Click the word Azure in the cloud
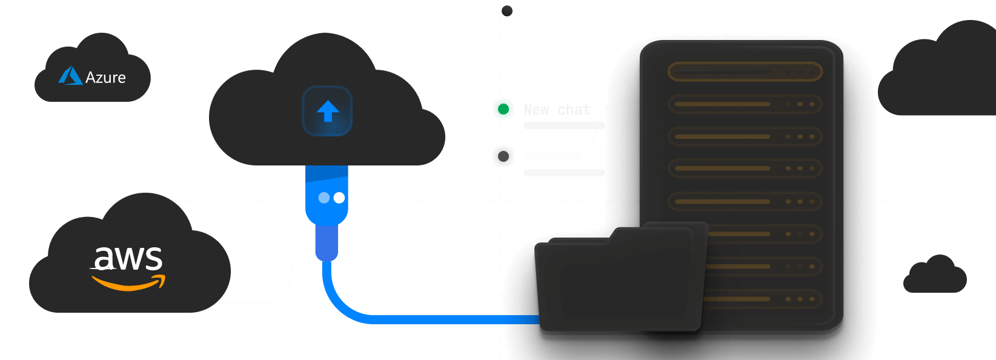click(105, 78)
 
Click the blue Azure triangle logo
click(70, 76)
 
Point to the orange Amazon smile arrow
click(128, 282)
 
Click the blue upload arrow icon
click(328, 112)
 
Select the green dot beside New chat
click(503, 109)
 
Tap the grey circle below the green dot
click(503, 156)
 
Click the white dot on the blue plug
click(339, 198)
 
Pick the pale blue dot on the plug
click(324, 198)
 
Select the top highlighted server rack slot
click(745, 72)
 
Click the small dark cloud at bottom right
click(935, 276)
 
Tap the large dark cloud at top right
click(945, 73)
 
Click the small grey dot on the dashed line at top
click(507, 10)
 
